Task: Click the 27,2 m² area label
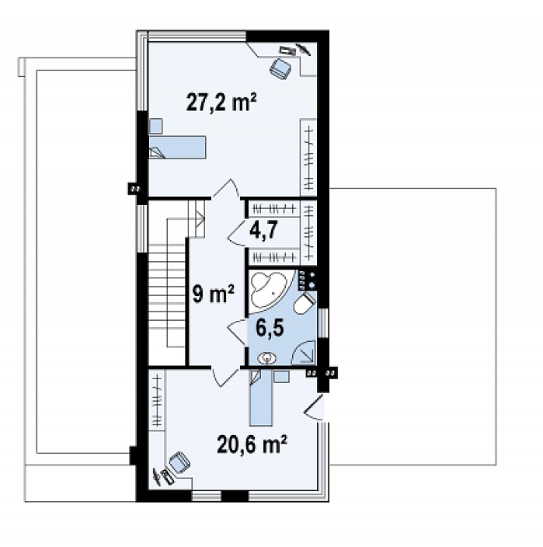(221, 102)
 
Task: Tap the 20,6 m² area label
(252, 444)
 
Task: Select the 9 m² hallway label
(213, 294)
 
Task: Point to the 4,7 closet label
(263, 230)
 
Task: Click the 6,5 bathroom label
(270, 328)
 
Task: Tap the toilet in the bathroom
(305, 303)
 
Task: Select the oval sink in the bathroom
(266, 358)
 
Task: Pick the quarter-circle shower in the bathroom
(304, 352)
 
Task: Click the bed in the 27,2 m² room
(177, 148)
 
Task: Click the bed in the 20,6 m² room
(261, 398)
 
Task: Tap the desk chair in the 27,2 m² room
(281, 68)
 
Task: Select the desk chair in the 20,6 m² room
(179, 462)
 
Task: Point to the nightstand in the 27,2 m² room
(156, 126)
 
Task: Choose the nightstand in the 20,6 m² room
(281, 377)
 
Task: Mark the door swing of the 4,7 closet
(237, 232)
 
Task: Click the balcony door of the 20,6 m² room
(315, 407)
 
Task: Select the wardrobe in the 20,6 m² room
(157, 400)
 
